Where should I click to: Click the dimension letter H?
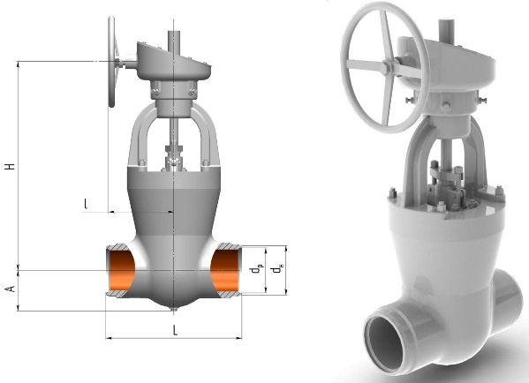coord(11,166)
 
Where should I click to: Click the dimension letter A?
coord(11,289)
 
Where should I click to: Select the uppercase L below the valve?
coord(175,330)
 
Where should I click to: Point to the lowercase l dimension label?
coord(86,203)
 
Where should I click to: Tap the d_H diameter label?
coord(278,269)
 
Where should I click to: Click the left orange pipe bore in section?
coord(120,271)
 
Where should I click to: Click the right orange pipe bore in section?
coord(225,272)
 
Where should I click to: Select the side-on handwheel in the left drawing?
coord(111,62)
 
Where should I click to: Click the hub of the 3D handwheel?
coord(389,66)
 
